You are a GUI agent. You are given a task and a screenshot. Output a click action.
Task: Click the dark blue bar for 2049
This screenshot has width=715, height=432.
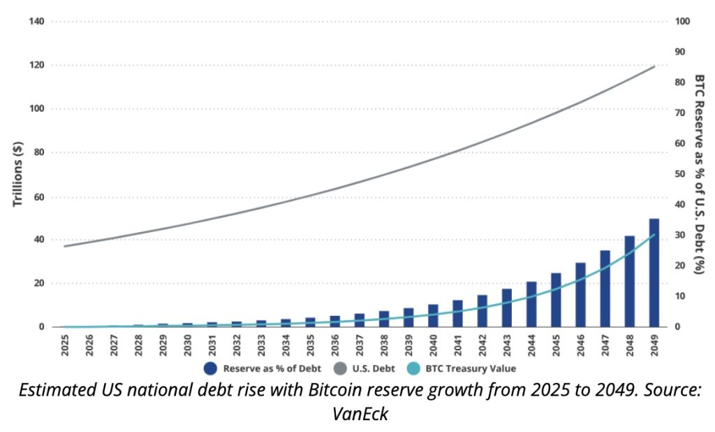(x=654, y=273)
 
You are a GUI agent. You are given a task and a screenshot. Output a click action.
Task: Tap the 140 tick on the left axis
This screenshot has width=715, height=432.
(x=37, y=22)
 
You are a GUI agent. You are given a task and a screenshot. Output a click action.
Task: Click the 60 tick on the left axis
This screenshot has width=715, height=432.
(x=39, y=196)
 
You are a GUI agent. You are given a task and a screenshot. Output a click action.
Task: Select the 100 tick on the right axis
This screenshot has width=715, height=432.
(x=684, y=22)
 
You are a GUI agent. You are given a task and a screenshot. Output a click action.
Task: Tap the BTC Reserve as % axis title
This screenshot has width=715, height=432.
(x=699, y=174)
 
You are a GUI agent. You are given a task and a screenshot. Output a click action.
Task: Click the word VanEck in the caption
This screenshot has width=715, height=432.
(x=360, y=414)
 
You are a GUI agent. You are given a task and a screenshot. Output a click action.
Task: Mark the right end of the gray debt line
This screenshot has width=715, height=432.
(x=654, y=66)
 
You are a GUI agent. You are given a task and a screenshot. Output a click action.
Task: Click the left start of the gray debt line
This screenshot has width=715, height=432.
(x=64, y=246)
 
